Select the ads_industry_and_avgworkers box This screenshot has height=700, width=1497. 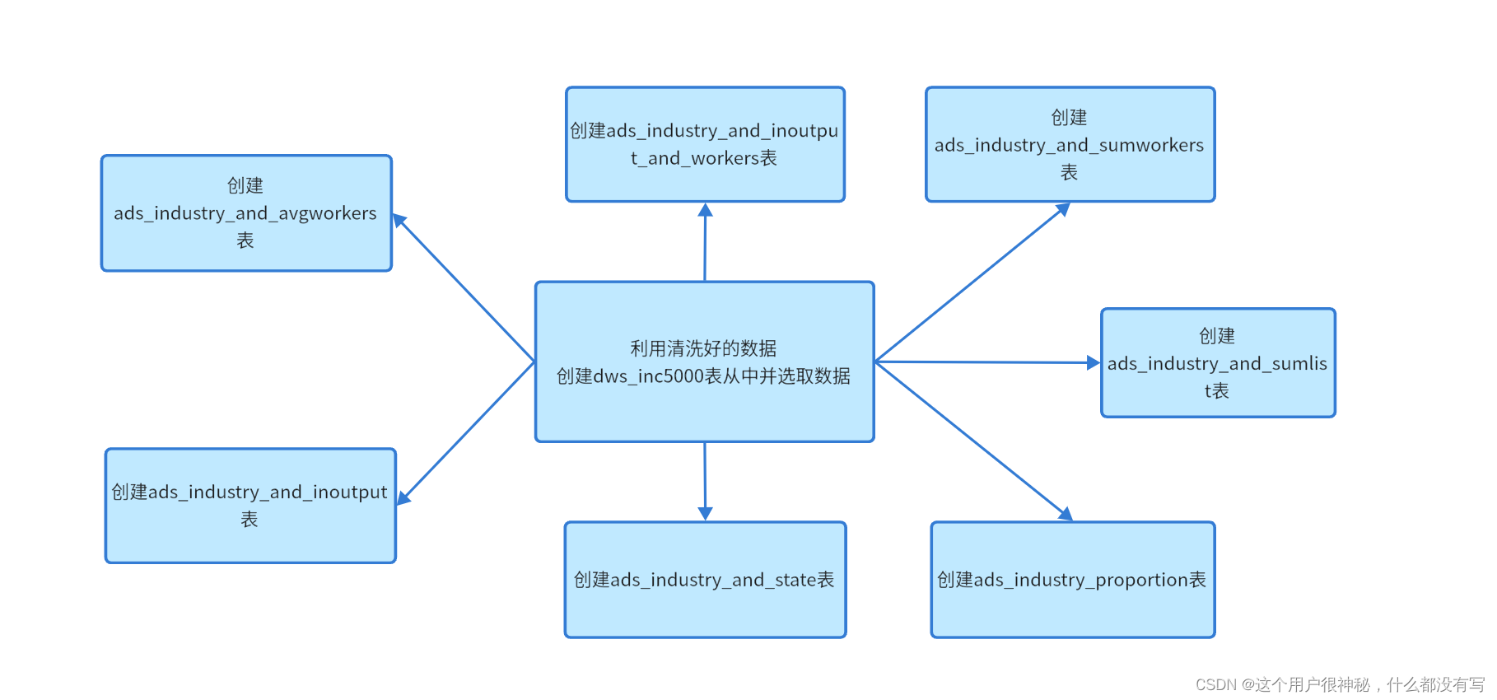246,213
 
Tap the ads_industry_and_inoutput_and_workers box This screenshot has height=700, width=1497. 705,144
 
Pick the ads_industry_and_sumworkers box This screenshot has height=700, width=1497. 1070,144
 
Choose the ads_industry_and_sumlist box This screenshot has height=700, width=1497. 1218,363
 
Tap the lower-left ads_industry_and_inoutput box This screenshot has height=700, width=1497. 250,506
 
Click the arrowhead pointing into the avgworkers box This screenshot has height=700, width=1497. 399,221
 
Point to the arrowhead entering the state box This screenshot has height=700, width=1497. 705,513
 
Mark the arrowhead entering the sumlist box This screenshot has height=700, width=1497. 1093,362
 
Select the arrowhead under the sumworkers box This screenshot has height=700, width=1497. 1063,209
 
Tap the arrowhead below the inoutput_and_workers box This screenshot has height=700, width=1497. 705,210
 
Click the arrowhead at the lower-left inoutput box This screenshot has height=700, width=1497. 403,497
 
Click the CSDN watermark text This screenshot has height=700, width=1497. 1339,684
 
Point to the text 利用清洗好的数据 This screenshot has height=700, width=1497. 703,348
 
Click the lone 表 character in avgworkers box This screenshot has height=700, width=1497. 245,240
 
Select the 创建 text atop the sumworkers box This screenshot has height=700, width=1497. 1069,117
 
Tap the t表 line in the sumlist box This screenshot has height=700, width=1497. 1216,390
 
